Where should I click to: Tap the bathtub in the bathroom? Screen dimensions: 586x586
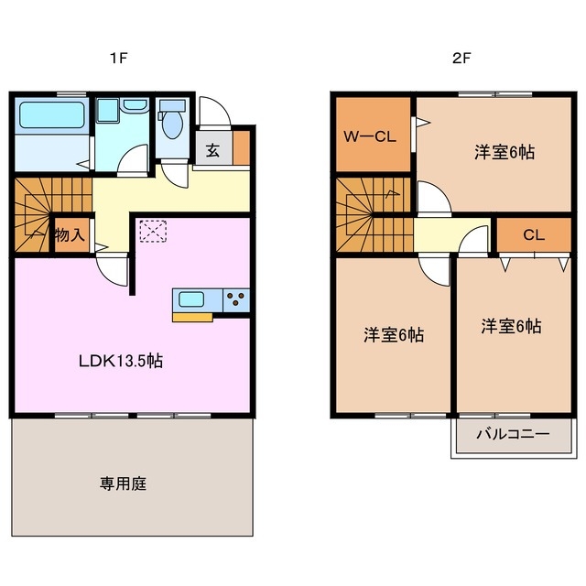point(52,115)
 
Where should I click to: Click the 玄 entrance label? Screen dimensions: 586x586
point(212,150)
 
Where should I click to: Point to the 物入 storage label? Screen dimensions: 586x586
point(70,235)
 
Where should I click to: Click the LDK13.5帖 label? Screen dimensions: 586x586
point(121,361)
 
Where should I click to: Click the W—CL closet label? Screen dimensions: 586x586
point(369,137)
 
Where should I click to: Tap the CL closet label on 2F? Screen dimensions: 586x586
point(534,235)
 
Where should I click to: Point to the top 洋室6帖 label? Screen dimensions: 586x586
point(504,152)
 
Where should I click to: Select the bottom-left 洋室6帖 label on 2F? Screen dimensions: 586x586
point(393,335)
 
